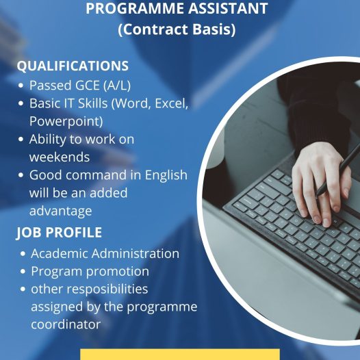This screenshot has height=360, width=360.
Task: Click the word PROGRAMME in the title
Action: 136,8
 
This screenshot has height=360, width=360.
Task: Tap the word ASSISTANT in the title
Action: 229,8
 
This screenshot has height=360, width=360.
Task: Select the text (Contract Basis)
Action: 177,29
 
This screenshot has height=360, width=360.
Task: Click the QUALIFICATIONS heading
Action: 73,66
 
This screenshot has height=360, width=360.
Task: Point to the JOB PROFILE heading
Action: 60,232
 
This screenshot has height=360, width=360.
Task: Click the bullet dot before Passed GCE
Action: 21,86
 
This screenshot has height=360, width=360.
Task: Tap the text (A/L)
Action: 117,85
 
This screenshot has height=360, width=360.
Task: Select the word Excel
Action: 172,103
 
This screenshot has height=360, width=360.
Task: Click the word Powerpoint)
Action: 66,121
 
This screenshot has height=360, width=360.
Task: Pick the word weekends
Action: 60,157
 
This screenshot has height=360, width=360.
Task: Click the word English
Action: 166,175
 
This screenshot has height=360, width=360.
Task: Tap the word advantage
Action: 61,211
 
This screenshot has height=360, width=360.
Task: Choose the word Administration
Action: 136,253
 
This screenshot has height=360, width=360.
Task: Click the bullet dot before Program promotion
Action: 23,272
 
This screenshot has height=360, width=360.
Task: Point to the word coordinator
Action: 66,324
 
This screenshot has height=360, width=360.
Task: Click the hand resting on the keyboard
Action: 322,181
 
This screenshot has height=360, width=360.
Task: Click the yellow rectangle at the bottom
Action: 180,355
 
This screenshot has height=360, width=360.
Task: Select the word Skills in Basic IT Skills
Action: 93,103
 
